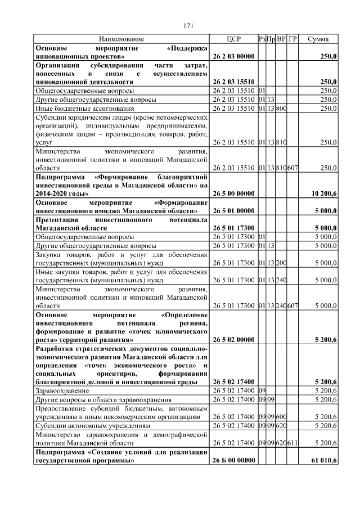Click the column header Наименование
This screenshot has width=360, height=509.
(x=121, y=39)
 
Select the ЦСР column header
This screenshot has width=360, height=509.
(x=233, y=39)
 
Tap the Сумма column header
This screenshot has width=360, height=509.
(x=319, y=39)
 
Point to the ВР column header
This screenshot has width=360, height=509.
(x=282, y=39)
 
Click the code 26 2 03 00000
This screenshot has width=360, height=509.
(x=233, y=57)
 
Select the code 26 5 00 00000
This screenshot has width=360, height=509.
(x=233, y=193)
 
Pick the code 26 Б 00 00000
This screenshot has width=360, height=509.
(x=233, y=461)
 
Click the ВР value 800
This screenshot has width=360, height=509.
(x=282, y=108)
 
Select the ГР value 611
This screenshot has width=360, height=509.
(x=292, y=443)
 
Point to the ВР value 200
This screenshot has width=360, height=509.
(x=282, y=262)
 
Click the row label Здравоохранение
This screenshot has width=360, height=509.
(x=62, y=390)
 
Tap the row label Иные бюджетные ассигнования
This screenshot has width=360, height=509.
(x=84, y=108)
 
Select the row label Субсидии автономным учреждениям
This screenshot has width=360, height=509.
(x=93, y=426)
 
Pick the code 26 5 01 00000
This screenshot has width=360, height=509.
(x=233, y=210)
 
